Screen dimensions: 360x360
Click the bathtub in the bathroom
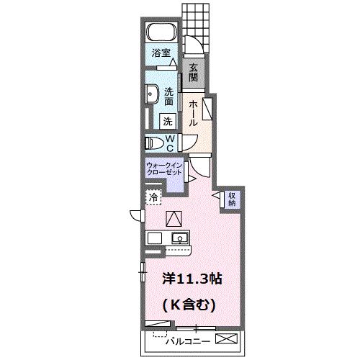coord(161,33)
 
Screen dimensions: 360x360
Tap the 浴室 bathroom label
coord(161,53)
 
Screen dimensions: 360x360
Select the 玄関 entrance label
coord(195,73)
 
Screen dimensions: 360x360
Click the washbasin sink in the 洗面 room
coord(152,95)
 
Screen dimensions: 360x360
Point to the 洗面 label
coord(168,96)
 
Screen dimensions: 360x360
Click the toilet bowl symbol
coord(155,143)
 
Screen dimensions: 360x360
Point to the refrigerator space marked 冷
coord(153,197)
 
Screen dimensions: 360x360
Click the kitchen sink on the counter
coord(178,238)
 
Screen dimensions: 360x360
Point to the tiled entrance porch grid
coord(192,19)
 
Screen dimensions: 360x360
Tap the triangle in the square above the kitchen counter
coord(175,219)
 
